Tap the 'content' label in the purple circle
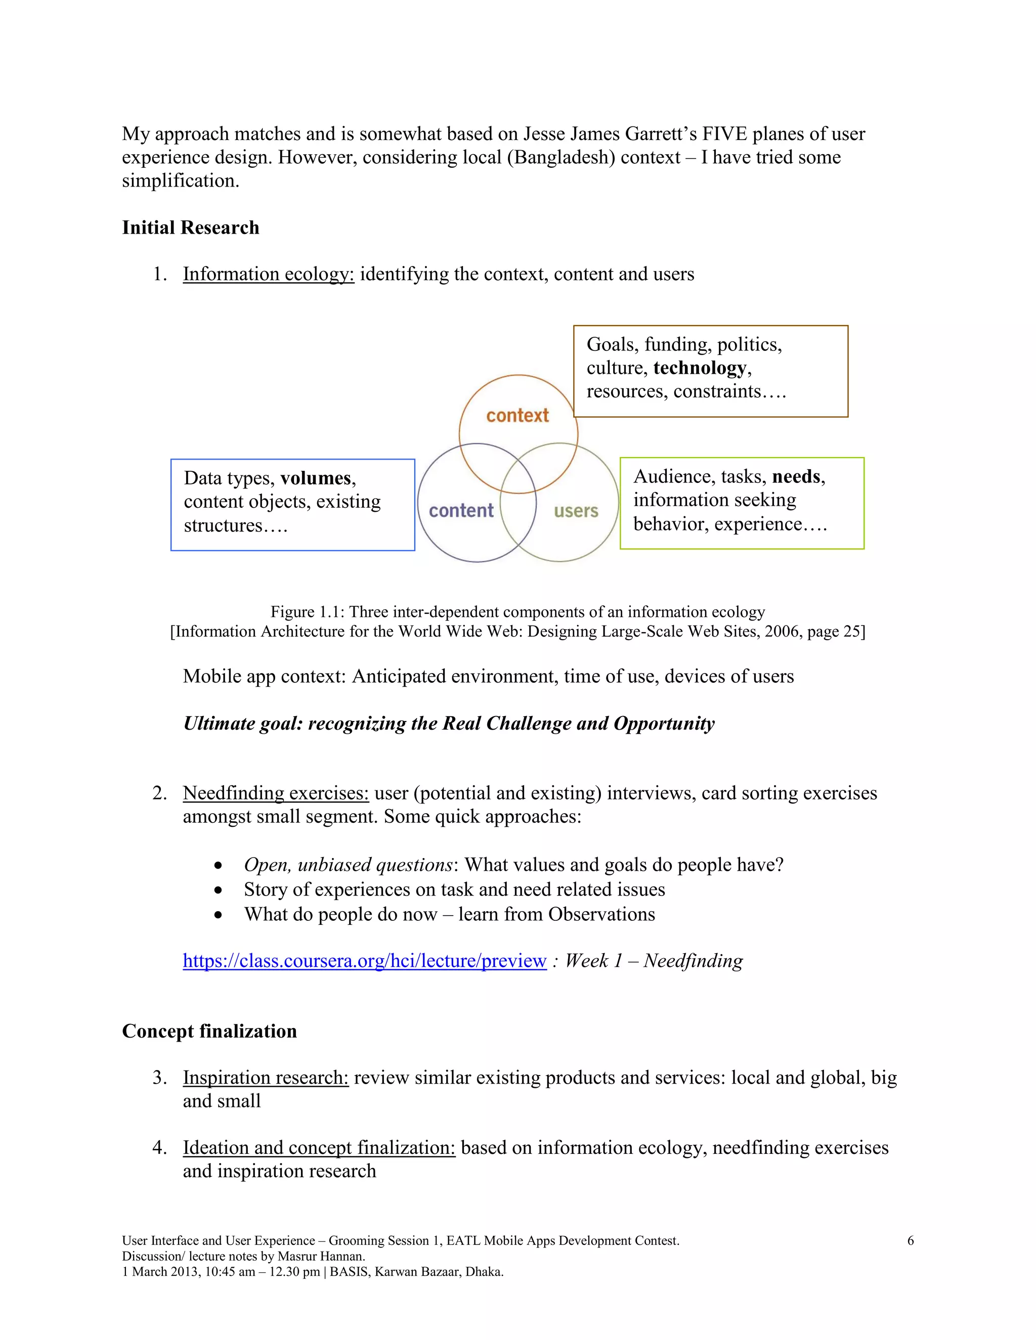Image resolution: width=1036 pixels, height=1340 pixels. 461,511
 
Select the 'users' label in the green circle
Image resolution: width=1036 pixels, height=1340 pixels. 576,511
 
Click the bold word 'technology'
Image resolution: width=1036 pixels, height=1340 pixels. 700,368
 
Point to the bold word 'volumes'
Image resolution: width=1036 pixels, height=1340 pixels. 316,478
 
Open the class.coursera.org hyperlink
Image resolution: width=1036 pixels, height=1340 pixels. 365,960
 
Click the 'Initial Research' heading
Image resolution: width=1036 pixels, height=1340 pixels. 190,228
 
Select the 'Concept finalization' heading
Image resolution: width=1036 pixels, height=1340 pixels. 209,1031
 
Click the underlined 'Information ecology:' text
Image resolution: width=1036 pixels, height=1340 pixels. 268,274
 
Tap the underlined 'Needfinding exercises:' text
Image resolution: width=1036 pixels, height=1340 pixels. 276,793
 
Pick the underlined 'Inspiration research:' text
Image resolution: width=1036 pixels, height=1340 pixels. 266,1078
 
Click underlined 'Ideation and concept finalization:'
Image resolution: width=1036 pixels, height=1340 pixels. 319,1147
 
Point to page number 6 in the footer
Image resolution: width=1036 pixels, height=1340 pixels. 910,1240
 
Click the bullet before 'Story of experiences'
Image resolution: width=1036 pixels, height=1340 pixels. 219,890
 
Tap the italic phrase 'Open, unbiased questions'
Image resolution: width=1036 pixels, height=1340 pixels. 348,865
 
